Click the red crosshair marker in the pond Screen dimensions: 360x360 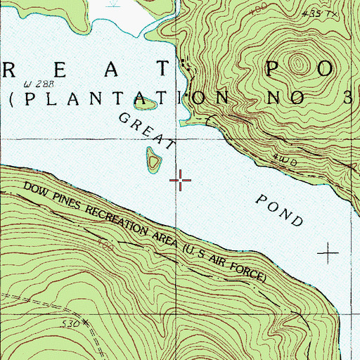[x=180, y=181]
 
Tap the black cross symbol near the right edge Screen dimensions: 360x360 [x=328, y=251]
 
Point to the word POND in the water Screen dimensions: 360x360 [x=279, y=208]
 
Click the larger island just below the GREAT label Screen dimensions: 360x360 [x=153, y=161]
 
